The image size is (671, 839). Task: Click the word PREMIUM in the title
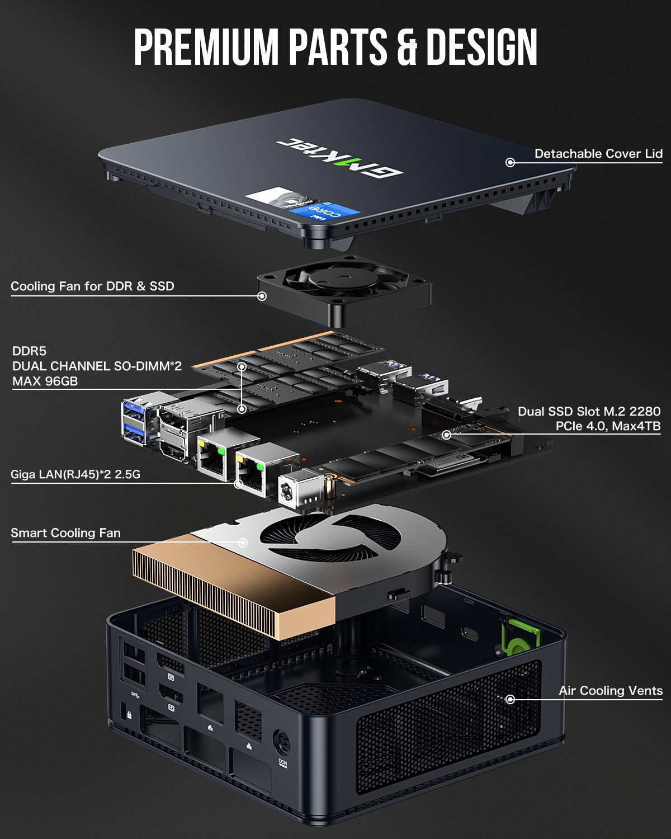point(206,46)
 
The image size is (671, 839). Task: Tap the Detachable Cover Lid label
point(598,154)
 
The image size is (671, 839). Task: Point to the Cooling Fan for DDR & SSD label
point(92,286)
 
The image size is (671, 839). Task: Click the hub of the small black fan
point(344,277)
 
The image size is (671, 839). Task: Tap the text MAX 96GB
point(45,381)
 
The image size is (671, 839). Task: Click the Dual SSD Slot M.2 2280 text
point(589,411)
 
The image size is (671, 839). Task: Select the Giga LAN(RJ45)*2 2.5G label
point(75,474)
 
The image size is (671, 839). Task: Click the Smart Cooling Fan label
point(65,533)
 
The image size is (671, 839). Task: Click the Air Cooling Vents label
point(611,690)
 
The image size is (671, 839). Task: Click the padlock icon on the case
point(129,715)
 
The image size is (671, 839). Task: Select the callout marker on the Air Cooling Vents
point(510,699)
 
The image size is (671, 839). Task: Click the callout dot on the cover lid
point(510,163)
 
